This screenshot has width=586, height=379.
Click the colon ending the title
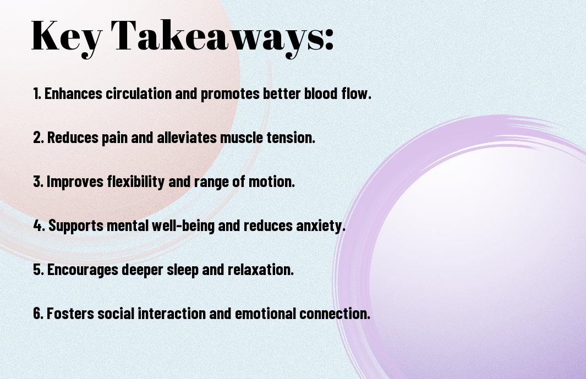[x=329, y=40]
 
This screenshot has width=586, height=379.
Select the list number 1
[x=36, y=94]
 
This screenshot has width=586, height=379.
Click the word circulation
[x=139, y=94]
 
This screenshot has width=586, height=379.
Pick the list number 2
[x=38, y=138]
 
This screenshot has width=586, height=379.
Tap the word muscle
[x=242, y=138]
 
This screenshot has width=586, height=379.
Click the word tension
[x=291, y=138]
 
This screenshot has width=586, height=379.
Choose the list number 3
[x=38, y=182]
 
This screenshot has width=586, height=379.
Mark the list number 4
[x=39, y=226]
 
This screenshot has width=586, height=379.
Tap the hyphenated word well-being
[x=183, y=226]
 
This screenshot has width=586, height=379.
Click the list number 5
[x=39, y=270]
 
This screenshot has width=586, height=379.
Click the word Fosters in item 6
[x=70, y=313]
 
